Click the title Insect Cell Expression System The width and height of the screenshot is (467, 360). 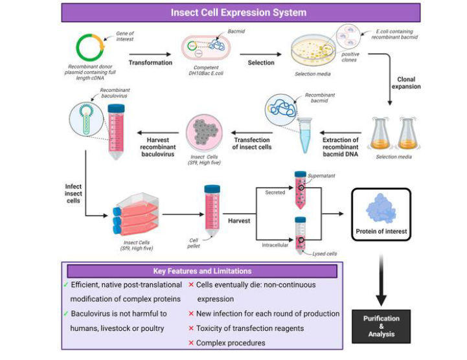point(238,12)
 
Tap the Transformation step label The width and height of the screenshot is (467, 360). point(150,63)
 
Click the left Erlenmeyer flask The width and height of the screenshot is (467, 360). point(380,134)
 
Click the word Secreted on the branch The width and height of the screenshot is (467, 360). point(275,192)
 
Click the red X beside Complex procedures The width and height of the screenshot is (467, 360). point(191,343)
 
